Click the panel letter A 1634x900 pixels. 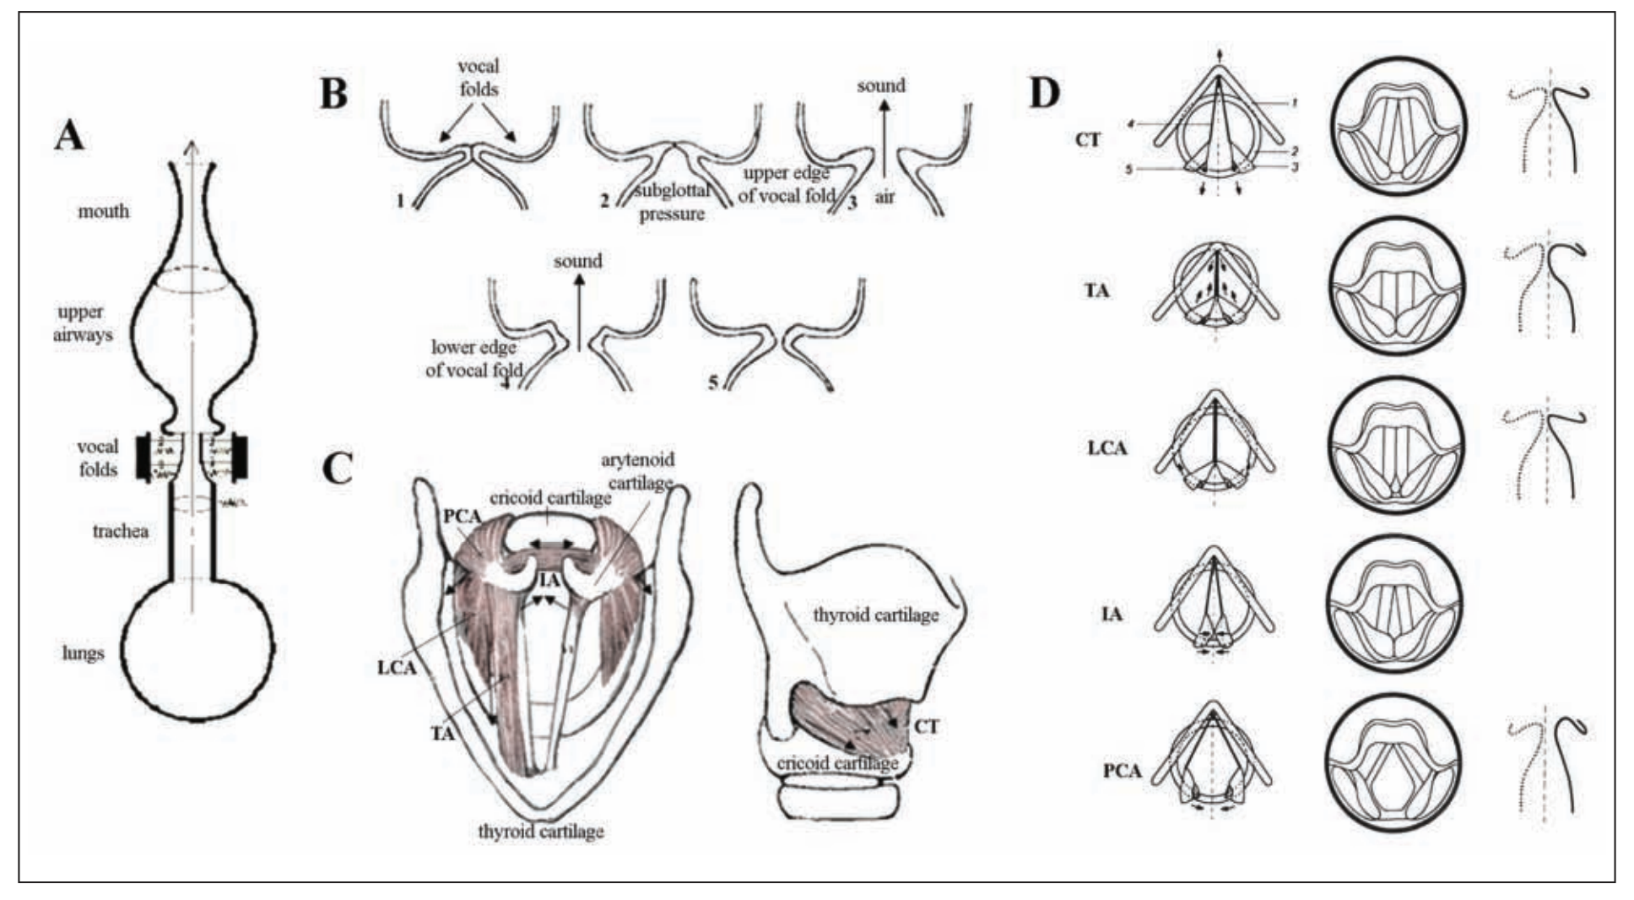click(x=69, y=135)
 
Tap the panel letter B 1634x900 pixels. click(x=334, y=93)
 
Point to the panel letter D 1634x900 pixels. click(x=1045, y=93)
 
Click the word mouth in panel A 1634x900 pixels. click(x=104, y=211)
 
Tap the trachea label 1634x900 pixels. click(x=121, y=531)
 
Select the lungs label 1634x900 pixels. click(x=84, y=653)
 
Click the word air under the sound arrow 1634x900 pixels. click(x=885, y=197)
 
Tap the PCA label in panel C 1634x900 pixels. click(x=462, y=517)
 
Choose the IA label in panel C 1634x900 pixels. click(x=549, y=579)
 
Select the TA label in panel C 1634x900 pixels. click(x=442, y=734)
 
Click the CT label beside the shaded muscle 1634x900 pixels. click(x=926, y=726)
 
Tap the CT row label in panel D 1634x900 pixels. click(x=1088, y=139)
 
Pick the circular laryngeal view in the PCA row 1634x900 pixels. click(x=1394, y=763)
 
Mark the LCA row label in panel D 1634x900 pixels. click(x=1106, y=447)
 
